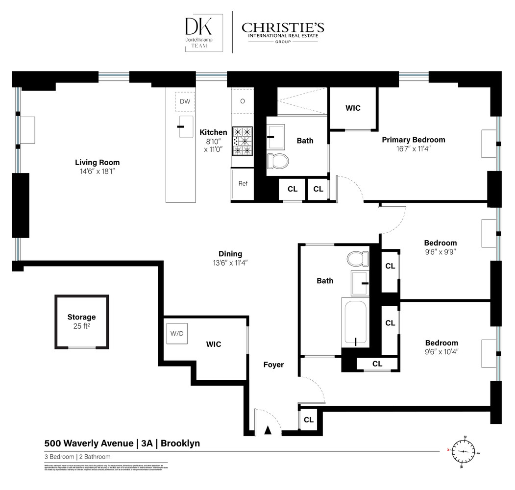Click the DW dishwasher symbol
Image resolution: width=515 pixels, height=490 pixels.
(185, 101)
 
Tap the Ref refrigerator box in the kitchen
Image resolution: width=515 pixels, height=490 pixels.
(243, 184)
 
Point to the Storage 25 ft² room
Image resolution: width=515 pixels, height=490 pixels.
(81, 321)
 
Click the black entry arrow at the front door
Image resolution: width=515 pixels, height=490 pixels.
(268, 430)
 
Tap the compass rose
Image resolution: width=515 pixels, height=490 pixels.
(462, 451)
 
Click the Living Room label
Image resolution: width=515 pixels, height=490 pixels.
(97, 163)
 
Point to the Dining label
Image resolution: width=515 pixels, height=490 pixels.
(230, 254)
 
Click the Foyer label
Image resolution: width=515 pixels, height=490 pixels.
(273, 365)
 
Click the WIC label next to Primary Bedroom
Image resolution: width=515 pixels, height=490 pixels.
(353, 108)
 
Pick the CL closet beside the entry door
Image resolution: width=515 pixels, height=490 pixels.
(309, 420)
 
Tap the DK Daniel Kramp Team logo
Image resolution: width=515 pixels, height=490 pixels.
(203, 33)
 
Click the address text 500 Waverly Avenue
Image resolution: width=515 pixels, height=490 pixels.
(89, 443)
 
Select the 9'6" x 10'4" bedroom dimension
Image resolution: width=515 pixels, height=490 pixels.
(441, 351)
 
